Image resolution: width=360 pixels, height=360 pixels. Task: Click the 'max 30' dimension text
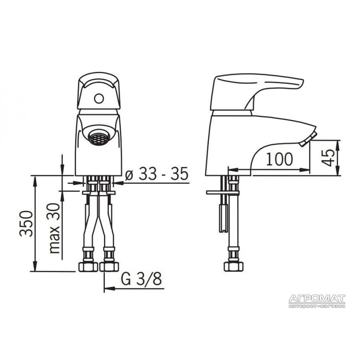pos(55,228)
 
